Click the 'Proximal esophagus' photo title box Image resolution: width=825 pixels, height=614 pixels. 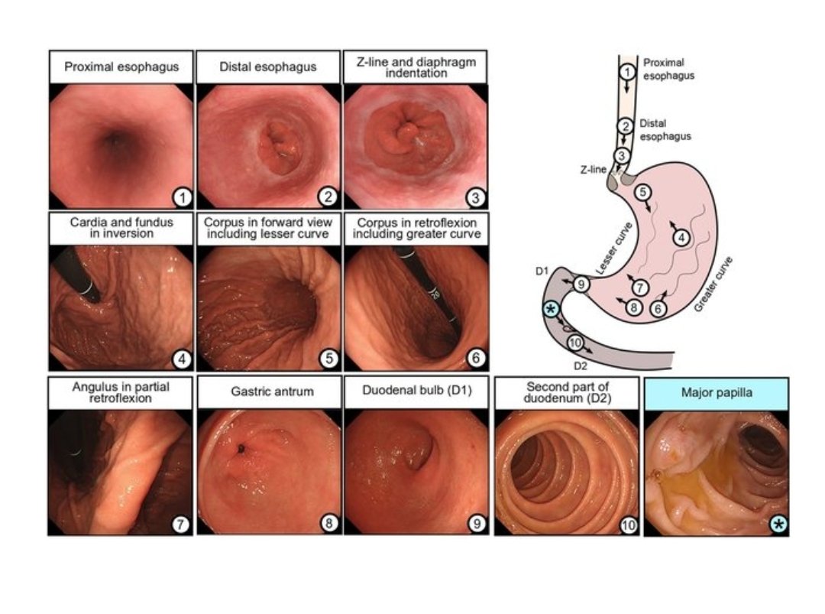tap(121, 67)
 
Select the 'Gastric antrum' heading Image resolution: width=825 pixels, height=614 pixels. tap(272, 391)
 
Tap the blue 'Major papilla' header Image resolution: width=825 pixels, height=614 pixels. tap(716, 393)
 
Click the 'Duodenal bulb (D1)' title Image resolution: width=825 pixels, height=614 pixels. tap(417, 391)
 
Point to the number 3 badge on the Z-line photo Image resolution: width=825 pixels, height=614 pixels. tap(476, 197)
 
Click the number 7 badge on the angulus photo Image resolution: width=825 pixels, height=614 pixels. tap(180, 525)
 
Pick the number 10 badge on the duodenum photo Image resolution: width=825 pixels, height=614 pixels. tap(628, 525)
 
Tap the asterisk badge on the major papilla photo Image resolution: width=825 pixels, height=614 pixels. tap(778, 525)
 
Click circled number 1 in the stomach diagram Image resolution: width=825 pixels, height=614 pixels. tap(626, 71)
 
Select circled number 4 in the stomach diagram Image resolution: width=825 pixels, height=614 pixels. tap(682, 238)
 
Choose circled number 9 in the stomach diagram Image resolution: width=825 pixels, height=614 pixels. tap(581, 284)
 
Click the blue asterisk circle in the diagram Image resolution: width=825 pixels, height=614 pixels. tap(551, 310)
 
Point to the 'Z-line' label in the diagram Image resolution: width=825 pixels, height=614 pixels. tap(593, 170)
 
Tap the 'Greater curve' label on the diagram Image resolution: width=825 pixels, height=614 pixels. tap(713, 284)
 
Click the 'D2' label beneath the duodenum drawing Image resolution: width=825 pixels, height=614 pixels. tap(580, 366)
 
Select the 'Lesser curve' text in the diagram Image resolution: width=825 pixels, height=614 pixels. tap(613, 249)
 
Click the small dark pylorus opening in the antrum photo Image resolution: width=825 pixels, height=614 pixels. tap(241, 449)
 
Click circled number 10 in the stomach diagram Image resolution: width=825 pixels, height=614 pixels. tap(575, 343)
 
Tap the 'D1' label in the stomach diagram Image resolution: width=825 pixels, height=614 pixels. tap(542, 271)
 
